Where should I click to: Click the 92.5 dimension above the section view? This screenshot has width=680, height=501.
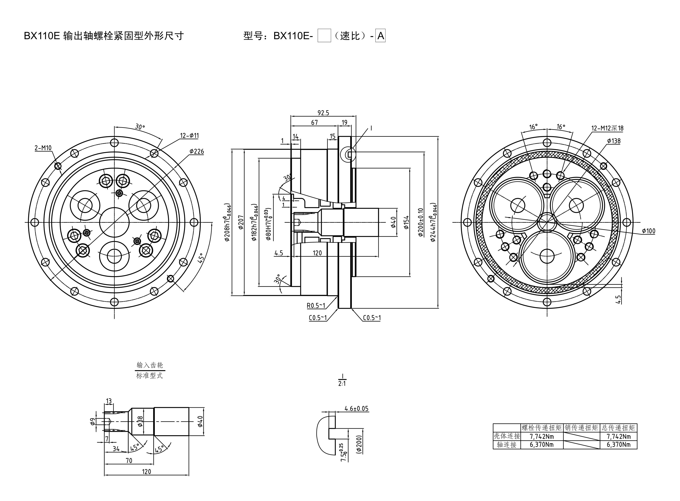323,113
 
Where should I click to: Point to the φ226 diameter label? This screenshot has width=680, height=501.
197,151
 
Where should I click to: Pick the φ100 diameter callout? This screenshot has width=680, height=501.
648,231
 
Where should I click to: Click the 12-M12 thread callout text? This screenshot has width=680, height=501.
607,128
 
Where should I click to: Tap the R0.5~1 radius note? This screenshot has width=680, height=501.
316,305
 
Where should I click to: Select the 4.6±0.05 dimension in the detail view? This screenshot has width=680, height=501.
356,409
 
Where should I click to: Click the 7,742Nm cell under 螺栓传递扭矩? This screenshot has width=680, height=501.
542,436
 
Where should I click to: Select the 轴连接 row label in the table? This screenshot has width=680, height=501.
507,445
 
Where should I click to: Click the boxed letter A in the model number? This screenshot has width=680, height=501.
380,36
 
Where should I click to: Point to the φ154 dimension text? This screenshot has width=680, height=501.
406,222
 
